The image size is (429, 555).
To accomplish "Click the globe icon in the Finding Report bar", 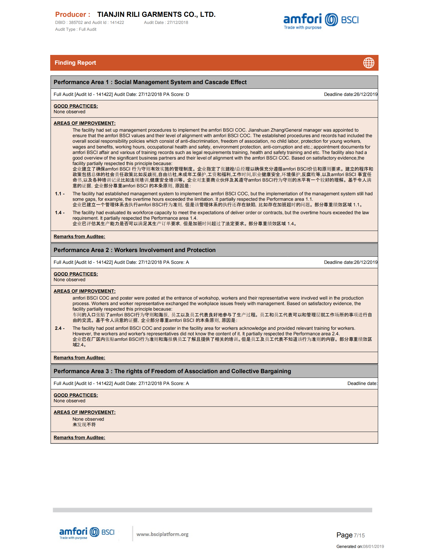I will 369,63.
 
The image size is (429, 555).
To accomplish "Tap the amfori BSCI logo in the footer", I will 87,533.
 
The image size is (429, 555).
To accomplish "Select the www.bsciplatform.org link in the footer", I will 162,534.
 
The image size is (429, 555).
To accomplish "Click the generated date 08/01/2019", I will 373,547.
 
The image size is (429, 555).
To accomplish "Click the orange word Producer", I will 73,14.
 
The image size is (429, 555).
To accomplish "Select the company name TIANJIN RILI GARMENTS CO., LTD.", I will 156,14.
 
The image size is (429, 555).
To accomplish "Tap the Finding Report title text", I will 75,63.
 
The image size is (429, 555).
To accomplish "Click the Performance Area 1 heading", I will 150,82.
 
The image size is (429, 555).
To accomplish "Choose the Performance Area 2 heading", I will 135,250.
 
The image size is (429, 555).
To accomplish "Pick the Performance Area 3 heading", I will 172,371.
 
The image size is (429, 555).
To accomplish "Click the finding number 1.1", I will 59,194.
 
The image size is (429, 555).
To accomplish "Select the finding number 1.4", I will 59,213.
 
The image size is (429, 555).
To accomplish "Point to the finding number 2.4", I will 59,328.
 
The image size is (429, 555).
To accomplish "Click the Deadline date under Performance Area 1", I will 350,95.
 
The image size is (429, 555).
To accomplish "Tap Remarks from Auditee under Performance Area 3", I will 79,438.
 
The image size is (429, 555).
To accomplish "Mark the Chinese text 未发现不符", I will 84,425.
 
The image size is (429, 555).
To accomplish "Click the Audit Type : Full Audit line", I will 76,29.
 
